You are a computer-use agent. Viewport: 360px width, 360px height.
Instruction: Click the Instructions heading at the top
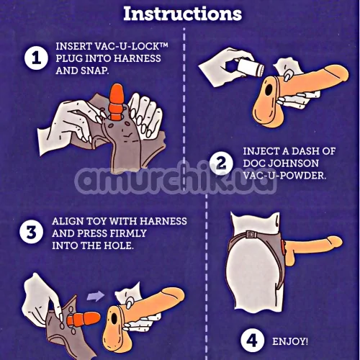[182, 14]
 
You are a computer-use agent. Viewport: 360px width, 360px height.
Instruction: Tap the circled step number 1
[37, 58]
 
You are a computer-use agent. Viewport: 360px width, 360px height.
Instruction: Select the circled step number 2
[221, 163]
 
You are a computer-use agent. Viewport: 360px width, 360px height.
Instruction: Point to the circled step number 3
[32, 233]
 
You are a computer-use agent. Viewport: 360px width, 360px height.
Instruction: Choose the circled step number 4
[253, 341]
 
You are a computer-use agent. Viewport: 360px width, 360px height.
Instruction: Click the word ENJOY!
[290, 341]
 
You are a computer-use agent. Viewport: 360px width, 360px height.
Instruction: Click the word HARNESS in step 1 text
[140, 58]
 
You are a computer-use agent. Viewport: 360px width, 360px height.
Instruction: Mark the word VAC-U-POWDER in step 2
[285, 176]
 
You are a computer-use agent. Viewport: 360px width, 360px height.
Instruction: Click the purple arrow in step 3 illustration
[96, 297]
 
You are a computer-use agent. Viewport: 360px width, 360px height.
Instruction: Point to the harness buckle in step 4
[251, 234]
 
